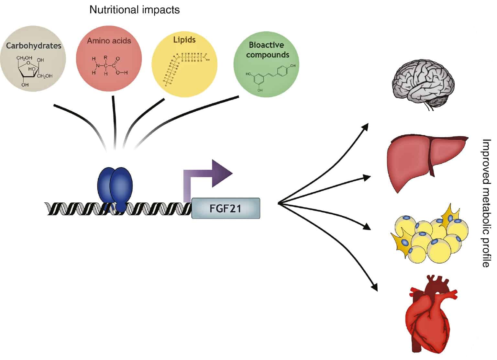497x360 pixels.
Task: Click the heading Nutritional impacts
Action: pos(134,10)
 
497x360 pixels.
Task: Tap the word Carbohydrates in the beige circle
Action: pos(34,45)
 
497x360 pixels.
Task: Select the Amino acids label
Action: pos(109,41)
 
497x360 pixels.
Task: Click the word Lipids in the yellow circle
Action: pos(184,40)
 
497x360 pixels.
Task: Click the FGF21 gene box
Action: pos(226,208)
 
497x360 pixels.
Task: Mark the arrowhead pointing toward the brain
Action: pos(366,126)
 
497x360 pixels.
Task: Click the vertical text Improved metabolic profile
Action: pos(486,203)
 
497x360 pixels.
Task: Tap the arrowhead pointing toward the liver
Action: pos(367,177)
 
